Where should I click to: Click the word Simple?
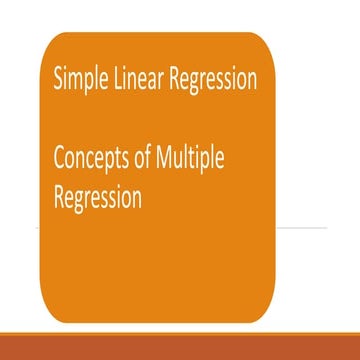[80, 80]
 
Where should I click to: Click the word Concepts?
[93, 160]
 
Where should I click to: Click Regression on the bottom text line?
[98, 198]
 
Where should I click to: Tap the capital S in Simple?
[60, 80]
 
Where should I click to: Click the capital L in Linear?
[118, 80]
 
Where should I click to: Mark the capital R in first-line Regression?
[175, 80]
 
